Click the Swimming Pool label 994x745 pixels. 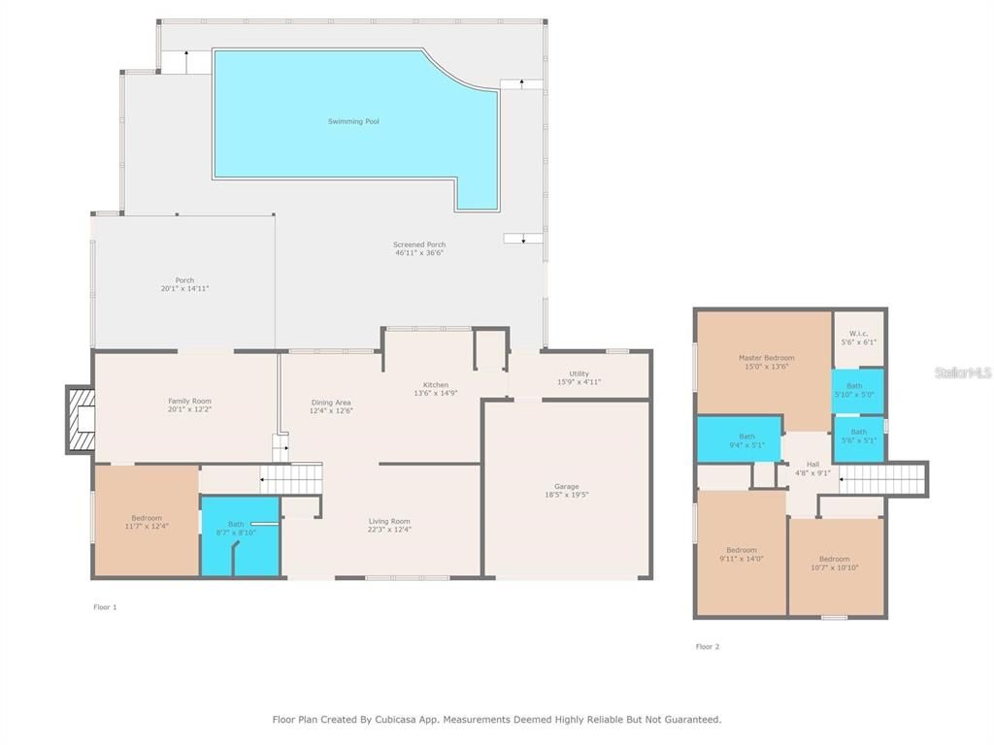point(353,121)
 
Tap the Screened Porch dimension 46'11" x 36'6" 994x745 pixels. point(418,252)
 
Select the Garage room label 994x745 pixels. point(566,486)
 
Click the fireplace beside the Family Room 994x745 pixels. point(80,419)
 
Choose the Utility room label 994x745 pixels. point(580,373)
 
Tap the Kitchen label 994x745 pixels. point(435,385)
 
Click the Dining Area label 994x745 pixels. point(331,403)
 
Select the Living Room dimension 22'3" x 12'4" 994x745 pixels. point(389,530)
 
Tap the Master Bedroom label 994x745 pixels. point(766,358)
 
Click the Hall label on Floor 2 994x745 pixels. point(812,465)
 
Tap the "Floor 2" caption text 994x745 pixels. point(708,646)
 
